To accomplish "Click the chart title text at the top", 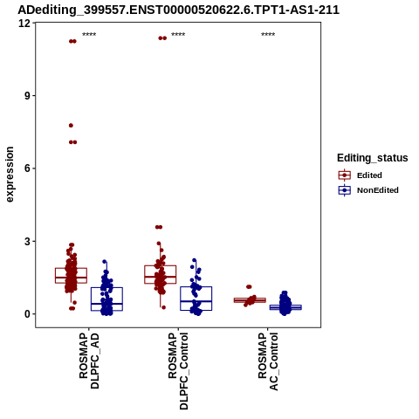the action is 178,10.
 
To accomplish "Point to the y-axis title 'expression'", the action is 10,175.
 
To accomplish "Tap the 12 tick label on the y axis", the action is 24,23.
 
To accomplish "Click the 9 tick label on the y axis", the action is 28,96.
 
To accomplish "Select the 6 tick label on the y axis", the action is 28,168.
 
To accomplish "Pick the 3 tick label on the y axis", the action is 28,241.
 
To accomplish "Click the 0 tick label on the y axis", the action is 28,314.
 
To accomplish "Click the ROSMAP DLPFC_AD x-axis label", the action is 89,361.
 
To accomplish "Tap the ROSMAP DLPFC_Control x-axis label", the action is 178,371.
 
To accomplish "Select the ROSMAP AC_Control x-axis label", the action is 268,361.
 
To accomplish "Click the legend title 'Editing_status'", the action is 373,158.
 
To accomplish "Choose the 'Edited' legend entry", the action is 369,175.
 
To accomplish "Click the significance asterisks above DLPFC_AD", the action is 89,35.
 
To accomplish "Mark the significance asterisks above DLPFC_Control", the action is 178,35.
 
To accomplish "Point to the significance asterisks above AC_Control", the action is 268,35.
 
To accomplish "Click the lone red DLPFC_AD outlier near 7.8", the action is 71,126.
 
